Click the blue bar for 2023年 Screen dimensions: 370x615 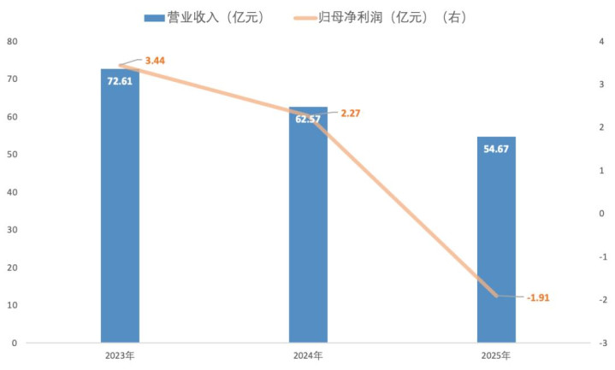coord(120,214)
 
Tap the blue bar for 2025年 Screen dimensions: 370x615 coord(496,248)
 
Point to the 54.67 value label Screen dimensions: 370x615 coord(496,149)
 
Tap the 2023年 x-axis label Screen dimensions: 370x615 coord(120,355)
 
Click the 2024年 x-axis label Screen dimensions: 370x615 coord(308,355)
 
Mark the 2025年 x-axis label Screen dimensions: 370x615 coord(496,355)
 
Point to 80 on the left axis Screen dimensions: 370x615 coord(13,41)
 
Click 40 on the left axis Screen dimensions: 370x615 coord(13,192)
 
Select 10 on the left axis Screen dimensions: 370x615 coord(13,305)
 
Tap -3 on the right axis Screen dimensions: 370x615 coord(603,343)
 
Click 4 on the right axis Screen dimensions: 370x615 coord(603,41)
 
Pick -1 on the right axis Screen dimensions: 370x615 coord(603,256)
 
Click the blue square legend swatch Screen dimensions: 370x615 coord(153,17)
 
